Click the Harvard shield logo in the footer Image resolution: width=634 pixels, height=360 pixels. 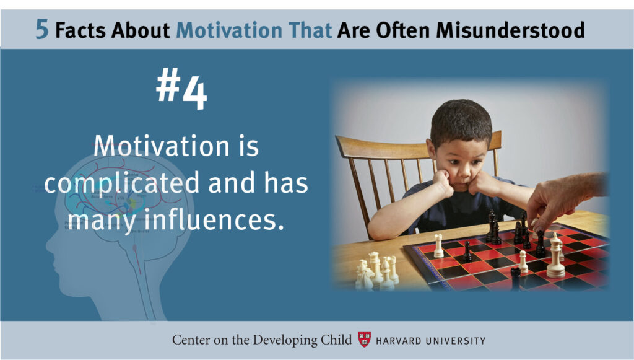(x=364, y=340)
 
